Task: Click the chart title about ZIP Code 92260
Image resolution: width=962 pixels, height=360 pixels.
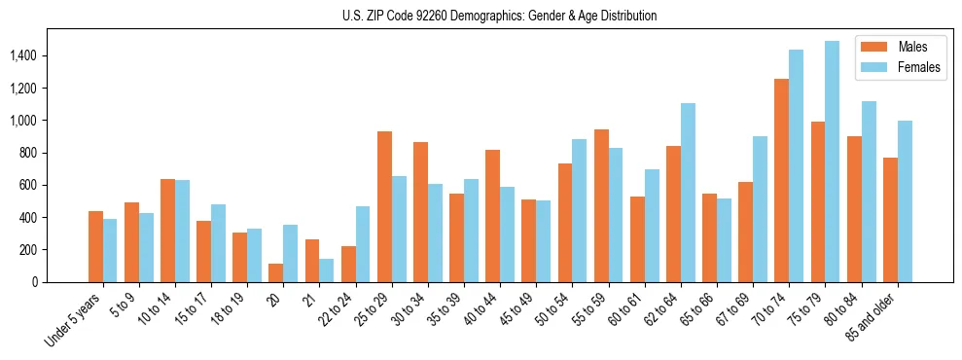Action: point(499,16)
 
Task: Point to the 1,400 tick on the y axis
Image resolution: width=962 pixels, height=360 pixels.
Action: point(22,56)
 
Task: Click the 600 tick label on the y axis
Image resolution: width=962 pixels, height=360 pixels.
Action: point(27,185)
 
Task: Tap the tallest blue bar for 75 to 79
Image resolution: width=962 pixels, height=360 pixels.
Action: point(832,162)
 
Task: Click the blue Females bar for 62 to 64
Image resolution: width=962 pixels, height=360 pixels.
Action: point(688,193)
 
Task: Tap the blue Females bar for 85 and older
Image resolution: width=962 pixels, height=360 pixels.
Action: point(905,201)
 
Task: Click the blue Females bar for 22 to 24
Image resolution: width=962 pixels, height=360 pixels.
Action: point(363,244)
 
